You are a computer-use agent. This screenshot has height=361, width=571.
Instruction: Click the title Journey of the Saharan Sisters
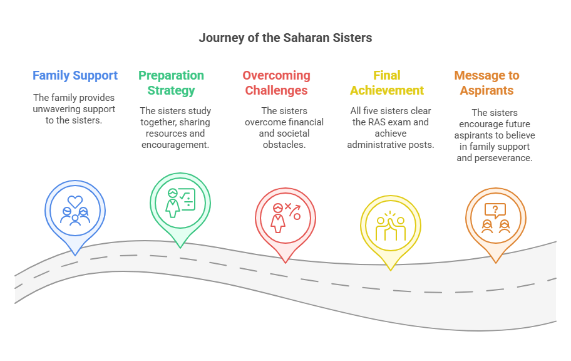285,38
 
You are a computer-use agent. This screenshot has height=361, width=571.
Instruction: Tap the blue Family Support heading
75,75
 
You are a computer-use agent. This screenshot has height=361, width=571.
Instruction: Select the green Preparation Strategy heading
171,83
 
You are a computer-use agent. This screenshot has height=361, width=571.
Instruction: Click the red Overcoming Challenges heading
276,83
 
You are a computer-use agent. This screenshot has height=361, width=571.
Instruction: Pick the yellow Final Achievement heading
387,83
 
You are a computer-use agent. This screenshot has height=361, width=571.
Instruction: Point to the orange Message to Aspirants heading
486,83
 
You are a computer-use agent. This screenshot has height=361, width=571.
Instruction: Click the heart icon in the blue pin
75,201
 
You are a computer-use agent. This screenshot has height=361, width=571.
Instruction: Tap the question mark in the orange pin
495,209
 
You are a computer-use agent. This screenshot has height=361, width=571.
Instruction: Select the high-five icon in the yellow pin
391,226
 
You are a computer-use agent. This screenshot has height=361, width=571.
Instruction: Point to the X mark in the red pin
287,206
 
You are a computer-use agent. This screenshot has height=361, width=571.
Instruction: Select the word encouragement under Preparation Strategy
175,145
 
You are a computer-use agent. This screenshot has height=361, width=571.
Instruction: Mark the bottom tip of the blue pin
75,255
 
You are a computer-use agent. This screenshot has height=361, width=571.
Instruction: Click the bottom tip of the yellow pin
391,270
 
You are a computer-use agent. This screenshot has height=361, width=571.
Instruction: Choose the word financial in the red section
306,122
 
